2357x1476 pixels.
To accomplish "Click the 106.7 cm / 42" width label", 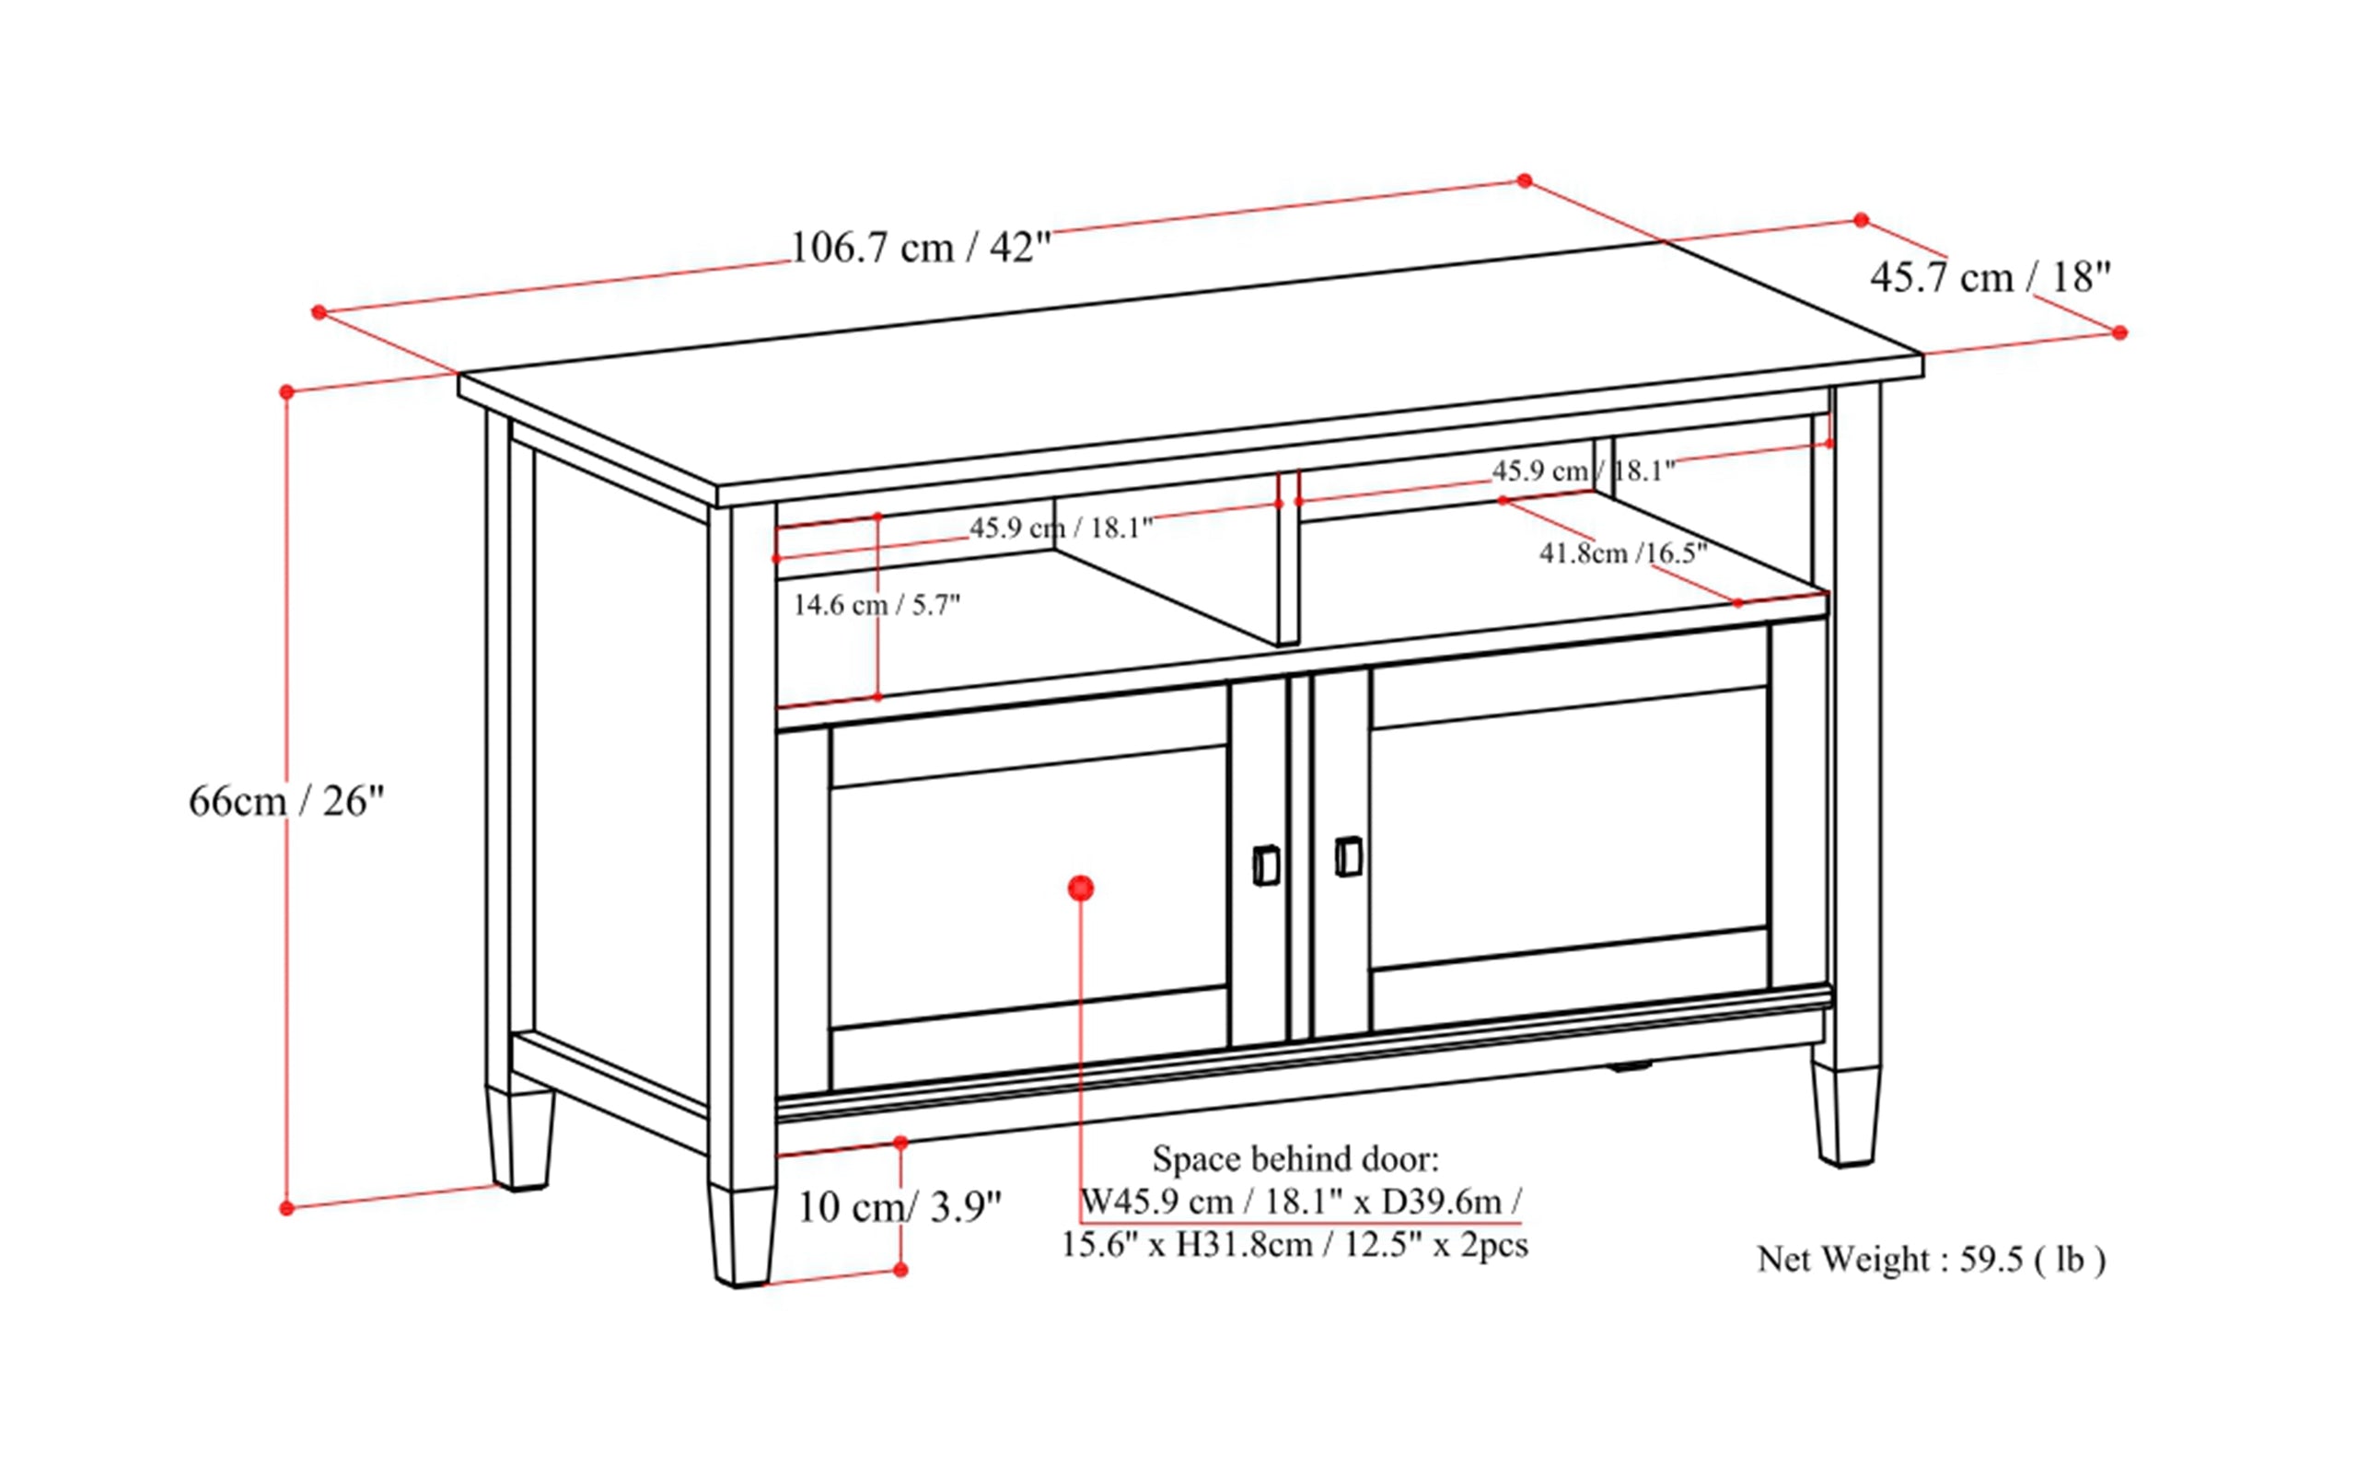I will click(x=920, y=248).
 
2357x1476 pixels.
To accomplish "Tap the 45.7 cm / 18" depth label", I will click(x=1989, y=278).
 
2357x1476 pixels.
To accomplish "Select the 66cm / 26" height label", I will click(x=286, y=801).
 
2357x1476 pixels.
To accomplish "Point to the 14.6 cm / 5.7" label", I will click(x=876, y=605).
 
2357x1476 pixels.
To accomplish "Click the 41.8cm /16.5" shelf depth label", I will click(x=1622, y=553).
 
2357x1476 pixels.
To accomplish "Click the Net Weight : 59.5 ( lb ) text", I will click(x=1931, y=1260).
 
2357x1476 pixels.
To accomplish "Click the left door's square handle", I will click(x=1266, y=866).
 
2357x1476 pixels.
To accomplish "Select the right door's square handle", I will click(x=1348, y=856).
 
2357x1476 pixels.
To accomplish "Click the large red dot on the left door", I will click(x=1080, y=888).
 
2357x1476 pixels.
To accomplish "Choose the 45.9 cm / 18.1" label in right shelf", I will click(x=1582, y=471).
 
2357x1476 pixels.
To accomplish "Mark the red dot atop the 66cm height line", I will click(x=286, y=391).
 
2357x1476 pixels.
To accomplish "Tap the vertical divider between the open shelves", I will click(x=1288, y=562).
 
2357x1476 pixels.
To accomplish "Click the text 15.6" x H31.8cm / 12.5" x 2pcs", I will click(x=1295, y=1246).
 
